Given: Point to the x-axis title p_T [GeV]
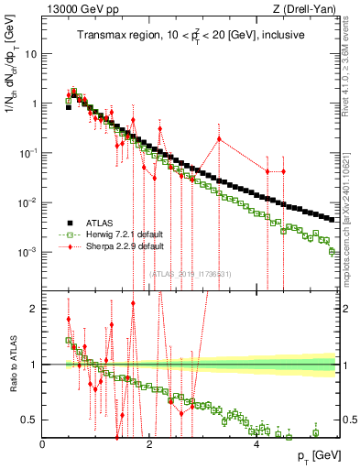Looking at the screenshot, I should (312, 455).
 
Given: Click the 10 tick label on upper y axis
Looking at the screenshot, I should (30, 53).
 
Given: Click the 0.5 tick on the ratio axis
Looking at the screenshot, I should (31, 420).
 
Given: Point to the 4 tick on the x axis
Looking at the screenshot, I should (256, 444).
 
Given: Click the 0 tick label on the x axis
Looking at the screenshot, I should (43, 444).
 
